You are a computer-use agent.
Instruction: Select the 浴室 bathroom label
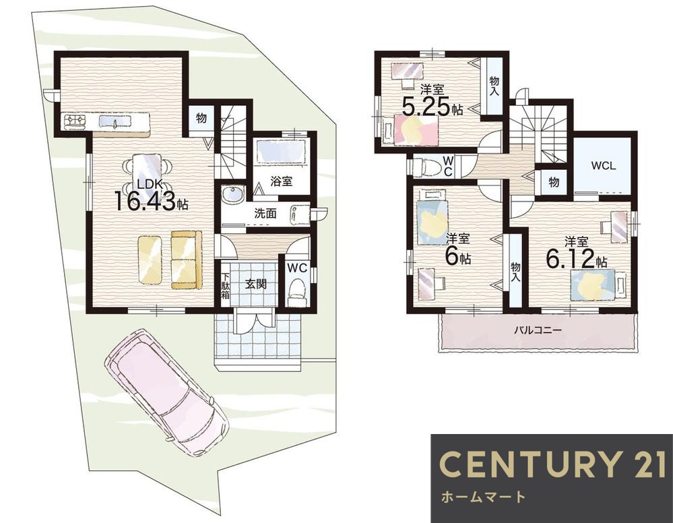point(281,181)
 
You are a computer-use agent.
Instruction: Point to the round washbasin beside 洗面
point(232,196)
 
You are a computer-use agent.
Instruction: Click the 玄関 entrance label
point(256,284)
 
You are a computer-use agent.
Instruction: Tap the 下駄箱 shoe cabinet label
point(226,286)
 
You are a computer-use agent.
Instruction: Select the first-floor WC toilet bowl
point(296,290)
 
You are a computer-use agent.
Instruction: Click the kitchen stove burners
point(75,121)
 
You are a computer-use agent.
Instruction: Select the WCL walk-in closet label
point(604,166)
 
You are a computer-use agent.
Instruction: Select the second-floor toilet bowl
point(426,166)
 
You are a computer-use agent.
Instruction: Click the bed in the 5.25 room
point(411,129)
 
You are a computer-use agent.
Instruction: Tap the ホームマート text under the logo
point(483,497)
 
